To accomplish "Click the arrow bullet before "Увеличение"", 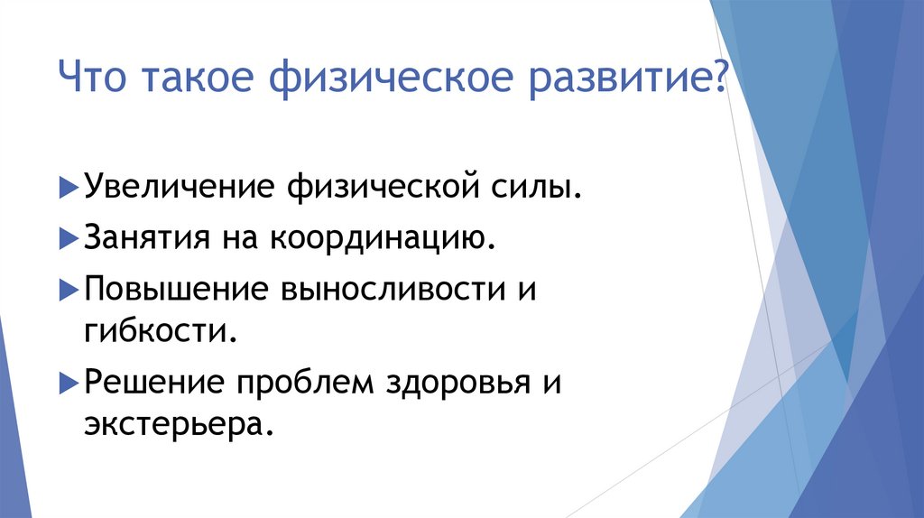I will pos(70,190).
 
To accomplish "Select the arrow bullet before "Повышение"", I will pos(70,291).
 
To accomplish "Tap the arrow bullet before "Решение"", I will pos(70,384).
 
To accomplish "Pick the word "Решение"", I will pos(155,383).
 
